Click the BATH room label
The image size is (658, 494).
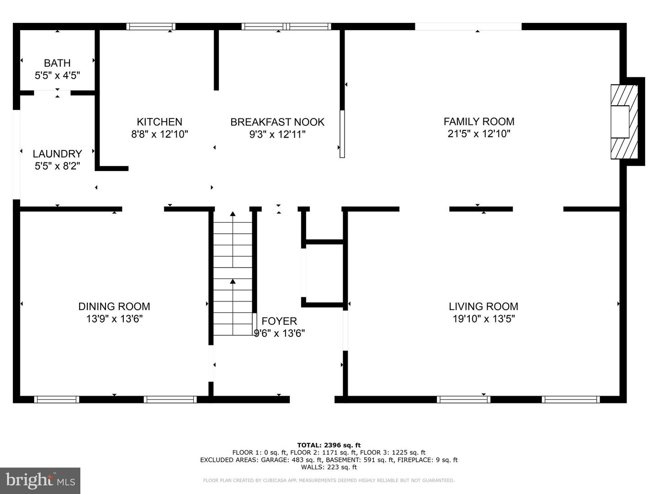(x=57, y=63)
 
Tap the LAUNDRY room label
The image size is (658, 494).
(x=57, y=154)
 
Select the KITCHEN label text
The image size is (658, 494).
(x=159, y=122)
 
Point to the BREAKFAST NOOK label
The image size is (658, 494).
(x=277, y=122)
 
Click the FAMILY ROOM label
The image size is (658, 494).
(x=479, y=122)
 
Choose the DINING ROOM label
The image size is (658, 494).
(x=114, y=306)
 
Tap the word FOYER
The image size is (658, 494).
(x=279, y=321)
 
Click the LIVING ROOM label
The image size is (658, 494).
(x=483, y=306)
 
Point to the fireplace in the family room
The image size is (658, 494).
(x=624, y=122)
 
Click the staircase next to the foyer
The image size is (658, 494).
(x=233, y=278)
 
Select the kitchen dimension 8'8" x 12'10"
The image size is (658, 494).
(x=159, y=134)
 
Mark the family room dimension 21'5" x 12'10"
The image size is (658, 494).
(x=479, y=134)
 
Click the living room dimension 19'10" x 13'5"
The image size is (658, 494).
(x=483, y=318)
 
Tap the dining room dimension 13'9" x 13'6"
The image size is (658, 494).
(x=114, y=318)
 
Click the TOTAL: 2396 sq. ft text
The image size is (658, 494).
(x=329, y=445)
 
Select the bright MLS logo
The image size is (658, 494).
(x=40, y=480)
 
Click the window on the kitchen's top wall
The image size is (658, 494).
(x=150, y=27)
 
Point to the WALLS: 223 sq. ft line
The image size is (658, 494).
(x=329, y=467)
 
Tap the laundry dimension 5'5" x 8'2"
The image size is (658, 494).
(x=57, y=166)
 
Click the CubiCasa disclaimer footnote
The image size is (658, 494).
(x=329, y=480)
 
